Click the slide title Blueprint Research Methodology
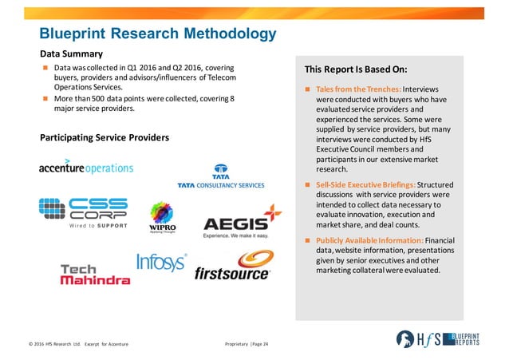(159, 33)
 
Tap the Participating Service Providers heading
(105, 138)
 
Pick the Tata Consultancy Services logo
(220, 177)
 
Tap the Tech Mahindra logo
(95, 274)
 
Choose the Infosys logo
(161, 263)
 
